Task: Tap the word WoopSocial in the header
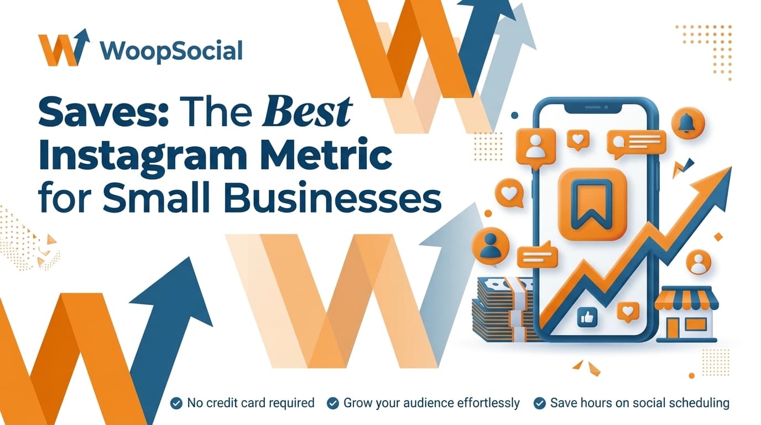[172, 51]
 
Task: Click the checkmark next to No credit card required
[176, 403]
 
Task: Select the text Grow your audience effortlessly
[431, 403]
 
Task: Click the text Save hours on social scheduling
[639, 403]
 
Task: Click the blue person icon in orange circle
[489, 245]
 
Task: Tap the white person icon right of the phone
[699, 262]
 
